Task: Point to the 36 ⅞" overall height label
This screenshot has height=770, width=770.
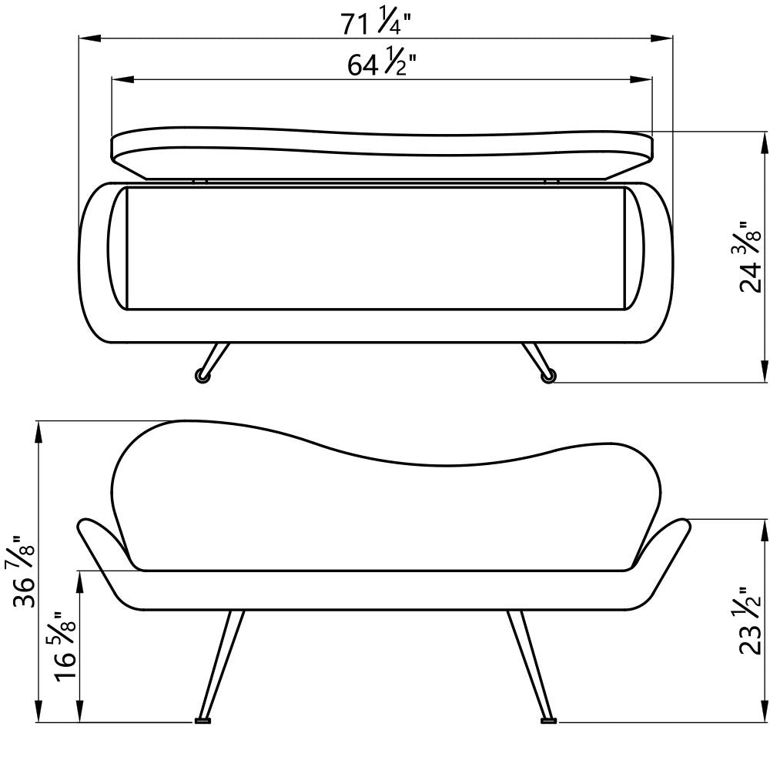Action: point(24,571)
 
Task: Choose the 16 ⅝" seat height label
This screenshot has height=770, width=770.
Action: point(65,646)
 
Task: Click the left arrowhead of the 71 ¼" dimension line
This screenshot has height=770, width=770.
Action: point(90,37)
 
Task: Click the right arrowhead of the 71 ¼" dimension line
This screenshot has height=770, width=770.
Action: point(662,37)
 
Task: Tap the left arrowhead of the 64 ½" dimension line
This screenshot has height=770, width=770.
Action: point(122,79)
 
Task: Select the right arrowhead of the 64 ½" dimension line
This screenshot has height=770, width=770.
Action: point(641,79)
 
